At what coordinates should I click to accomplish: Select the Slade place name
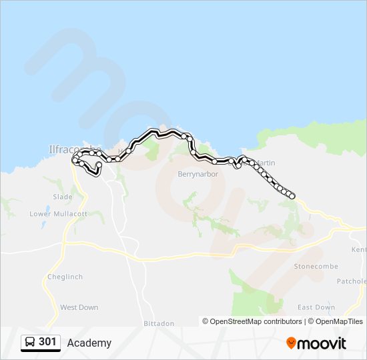(x=63, y=197)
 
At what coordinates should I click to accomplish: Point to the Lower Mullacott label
(x=58, y=214)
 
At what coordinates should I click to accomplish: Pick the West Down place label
(x=79, y=307)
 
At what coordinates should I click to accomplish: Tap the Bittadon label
(x=159, y=323)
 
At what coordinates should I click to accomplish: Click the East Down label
(x=316, y=307)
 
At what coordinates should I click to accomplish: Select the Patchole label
(x=352, y=281)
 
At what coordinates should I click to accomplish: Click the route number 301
(x=47, y=342)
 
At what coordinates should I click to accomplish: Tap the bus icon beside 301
(x=30, y=343)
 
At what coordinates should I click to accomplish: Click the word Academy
(x=89, y=343)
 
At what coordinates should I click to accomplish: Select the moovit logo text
(x=322, y=343)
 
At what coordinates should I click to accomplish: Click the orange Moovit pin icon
(x=291, y=343)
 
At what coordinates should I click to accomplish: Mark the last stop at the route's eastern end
(x=292, y=196)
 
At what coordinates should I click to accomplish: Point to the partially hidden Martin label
(x=266, y=163)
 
